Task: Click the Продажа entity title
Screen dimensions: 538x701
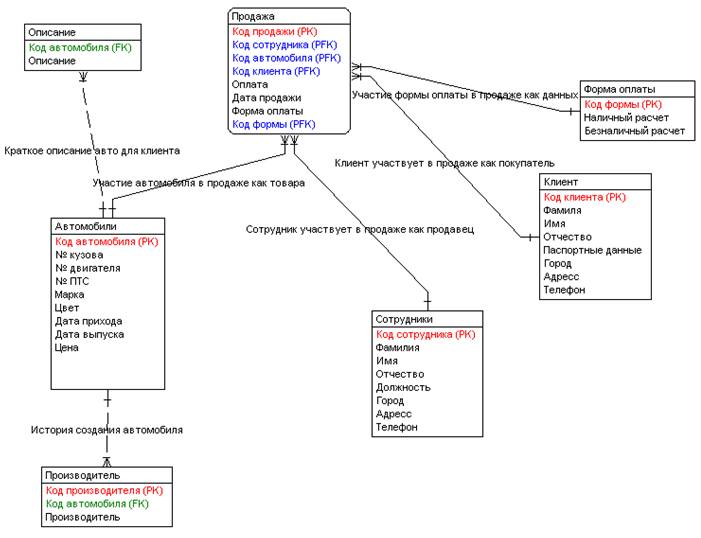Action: coord(253,17)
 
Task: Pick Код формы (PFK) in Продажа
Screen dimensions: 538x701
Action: coord(272,125)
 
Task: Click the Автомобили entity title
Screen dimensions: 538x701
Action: coord(87,226)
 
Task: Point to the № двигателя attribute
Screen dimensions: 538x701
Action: coord(88,268)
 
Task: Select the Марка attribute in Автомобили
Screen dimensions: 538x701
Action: coord(70,295)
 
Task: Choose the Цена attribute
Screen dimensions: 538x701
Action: coord(67,348)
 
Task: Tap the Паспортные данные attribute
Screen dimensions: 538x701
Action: coord(592,250)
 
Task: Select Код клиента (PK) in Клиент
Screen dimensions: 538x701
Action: coord(585,197)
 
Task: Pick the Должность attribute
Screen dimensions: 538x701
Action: coord(403,387)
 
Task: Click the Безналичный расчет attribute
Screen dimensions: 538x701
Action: coord(635,130)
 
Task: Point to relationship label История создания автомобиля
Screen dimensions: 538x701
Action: coord(106,429)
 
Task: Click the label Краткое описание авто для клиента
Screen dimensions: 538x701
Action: coord(92,151)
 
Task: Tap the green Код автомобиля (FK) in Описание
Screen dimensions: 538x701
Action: coord(80,47)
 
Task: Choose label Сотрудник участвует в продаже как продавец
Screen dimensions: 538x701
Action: coord(359,229)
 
